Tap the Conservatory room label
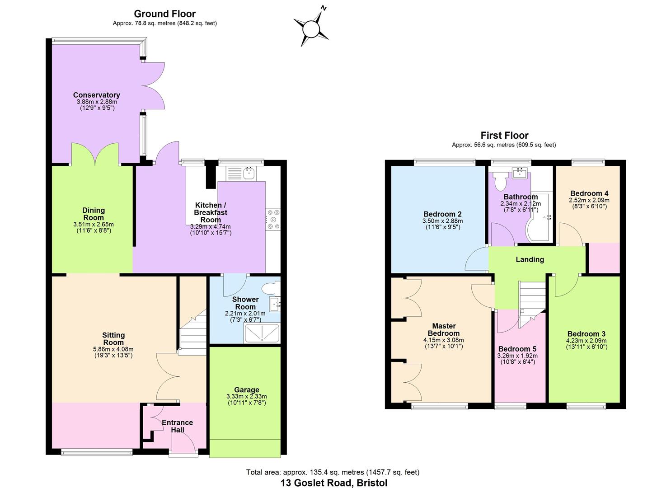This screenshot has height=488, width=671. pos(97,95)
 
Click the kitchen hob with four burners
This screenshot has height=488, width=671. pos(273,220)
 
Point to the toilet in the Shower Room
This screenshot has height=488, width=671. pos(272,288)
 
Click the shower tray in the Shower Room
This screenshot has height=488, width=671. pos(262,334)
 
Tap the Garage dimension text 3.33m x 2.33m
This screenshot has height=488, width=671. pos(246,396)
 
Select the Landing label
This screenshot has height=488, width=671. pos(530,259)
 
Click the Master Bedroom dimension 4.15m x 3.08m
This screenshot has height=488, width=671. pos(443,340)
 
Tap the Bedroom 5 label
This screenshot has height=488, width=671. pos(517,349)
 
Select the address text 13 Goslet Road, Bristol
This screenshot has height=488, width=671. pos(333,483)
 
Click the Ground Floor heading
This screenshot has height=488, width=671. pos(164,14)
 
